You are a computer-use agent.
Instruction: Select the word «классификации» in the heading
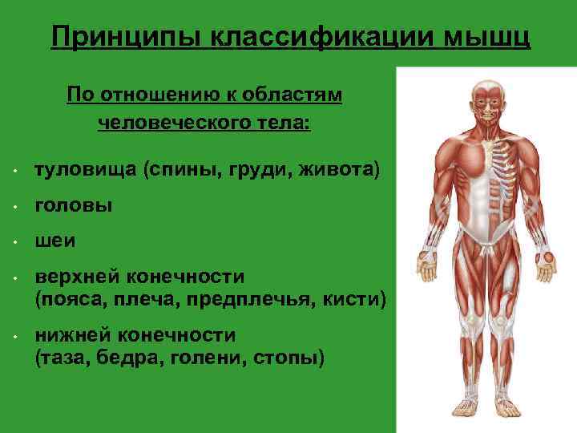click(x=321, y=37)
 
